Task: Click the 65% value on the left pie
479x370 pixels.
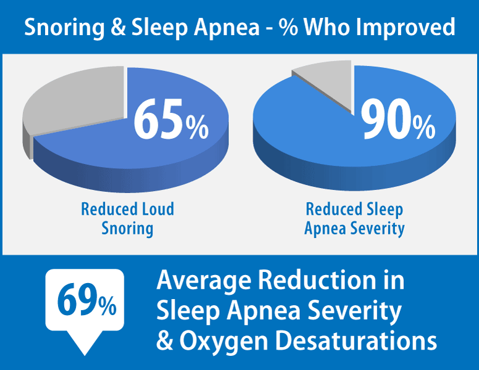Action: (x=171, y=120)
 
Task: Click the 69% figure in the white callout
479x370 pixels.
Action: (x=87, y=300)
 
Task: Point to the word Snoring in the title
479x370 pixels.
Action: (x=64, y=28)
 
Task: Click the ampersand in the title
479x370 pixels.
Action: (x=118, y=27)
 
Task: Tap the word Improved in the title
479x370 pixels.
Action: (x=406, y=28)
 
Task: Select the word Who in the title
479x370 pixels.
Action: (x=327, y=27)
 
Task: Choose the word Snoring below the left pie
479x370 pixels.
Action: (x=127, y=229)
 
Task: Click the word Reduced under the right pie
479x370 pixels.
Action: (x=334, y=209)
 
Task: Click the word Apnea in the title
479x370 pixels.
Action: (x=227, y=28)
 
